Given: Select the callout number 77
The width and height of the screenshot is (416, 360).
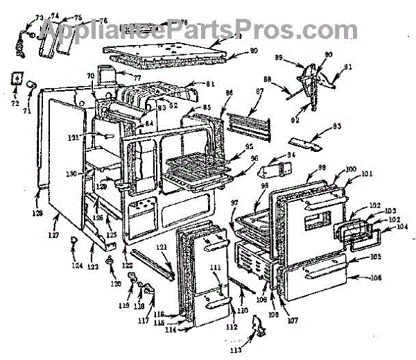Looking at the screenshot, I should (x=137, y=78).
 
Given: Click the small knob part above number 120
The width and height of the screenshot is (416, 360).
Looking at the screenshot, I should (x=110, y=259).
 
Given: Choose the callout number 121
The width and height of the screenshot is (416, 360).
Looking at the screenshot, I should (x=160, y=248).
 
